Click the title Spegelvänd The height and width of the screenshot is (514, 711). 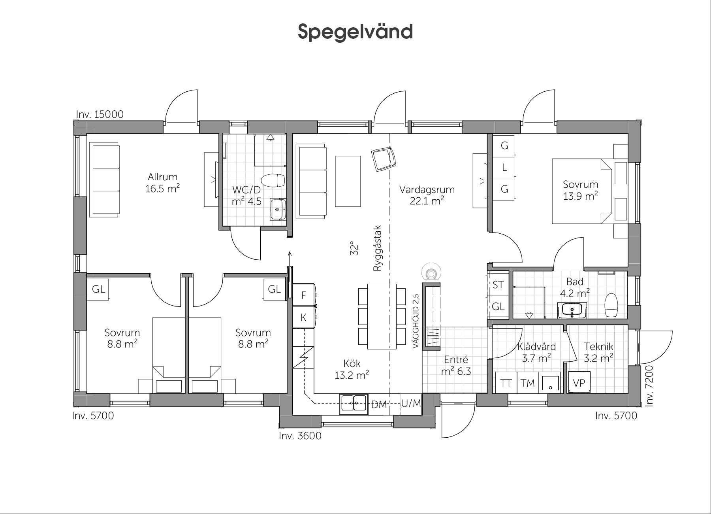click(x=355, y=32)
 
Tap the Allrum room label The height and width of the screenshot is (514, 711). click(x=162, y=177)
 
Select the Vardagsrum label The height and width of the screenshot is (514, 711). click(x=427, y=190)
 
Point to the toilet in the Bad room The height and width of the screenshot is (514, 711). click(x=611, y=305)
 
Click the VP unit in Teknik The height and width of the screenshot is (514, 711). click(x=579, y=382)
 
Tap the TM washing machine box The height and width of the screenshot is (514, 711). click(x=527, y=383)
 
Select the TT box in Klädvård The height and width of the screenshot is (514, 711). click(x=506, y=383)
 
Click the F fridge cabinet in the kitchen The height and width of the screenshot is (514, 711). click(x=303, y=295)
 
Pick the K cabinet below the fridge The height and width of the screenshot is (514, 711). click(x=303, y=317)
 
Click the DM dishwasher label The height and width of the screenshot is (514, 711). click(x=379, y=404)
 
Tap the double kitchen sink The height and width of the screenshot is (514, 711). click(x=354, y=404)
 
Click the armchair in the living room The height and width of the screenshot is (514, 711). click(x=384, y=159)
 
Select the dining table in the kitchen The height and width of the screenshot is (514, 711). click(x=382, y=316)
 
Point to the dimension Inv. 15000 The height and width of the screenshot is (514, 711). click(x=100, y=114)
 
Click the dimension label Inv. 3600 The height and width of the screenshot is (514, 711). click(x=300, y=436)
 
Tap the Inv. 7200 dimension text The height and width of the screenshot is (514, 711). click(x=649, y=386)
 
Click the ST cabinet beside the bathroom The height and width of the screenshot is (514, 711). click(x=498, y=284)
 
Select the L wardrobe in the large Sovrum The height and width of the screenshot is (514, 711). click(x=504, y=167)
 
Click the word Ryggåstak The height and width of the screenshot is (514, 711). click(x=377, y=248)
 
